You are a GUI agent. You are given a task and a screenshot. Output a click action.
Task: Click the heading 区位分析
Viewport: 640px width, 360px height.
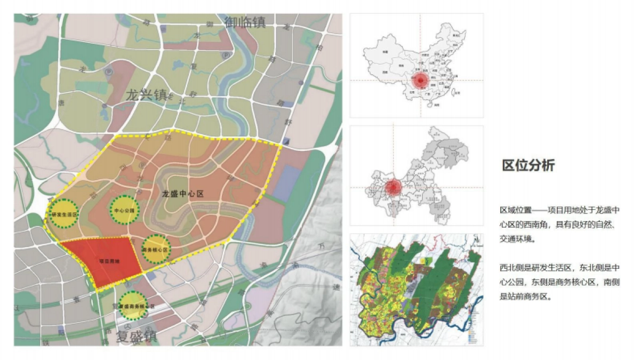(x=528, y=165)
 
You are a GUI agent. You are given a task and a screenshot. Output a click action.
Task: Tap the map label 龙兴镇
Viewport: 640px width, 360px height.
(x=146, y=95)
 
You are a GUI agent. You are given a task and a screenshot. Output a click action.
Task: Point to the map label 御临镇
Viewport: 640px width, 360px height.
(x=245, y=22)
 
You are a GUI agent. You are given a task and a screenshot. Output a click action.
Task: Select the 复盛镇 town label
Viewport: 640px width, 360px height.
(x=136, y=337)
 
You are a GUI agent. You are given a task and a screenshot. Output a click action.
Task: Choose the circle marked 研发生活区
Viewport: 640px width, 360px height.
(x=63, y=214)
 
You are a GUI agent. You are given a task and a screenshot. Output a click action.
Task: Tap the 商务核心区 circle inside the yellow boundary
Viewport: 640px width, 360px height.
(x=156, y=250)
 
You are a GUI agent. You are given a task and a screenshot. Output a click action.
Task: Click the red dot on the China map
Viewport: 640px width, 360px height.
(x=420, y=81)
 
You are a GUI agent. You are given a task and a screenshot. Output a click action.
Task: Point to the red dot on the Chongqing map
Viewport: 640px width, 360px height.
(x=394, y=187)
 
